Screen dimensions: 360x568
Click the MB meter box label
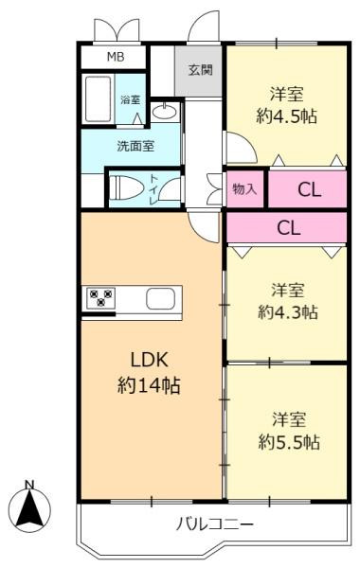(x=116, y=57)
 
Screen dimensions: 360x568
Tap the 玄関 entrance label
(x=200, y=70)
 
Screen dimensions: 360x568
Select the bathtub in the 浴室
(x=98, y=99)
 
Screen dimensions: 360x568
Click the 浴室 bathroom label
(x=131, y=99)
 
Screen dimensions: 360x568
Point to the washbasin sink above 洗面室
(x=166, y=112)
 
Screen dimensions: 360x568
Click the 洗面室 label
(x=135, y=146)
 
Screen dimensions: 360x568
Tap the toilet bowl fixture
(x=125, y=187)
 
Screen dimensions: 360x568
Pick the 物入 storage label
(x=244, y=188)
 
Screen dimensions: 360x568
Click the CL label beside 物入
(x=309, y=189)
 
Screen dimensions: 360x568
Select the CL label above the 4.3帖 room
(x=289, y=228)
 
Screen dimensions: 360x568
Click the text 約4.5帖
(x=286, y=116)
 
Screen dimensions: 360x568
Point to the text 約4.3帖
(x=288, y=311)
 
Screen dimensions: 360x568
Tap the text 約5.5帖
(x=289, y=442)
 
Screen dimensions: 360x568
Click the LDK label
(x=149, y=360)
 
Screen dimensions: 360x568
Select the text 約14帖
(x=149, y=385)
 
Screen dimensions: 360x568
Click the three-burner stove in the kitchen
(x=100, y=298)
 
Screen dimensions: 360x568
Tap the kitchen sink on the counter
(x=161, y=298)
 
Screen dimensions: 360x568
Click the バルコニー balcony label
(x=215, y=524)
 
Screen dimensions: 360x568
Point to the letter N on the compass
(x=29, y=485)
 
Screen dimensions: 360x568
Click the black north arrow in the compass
(x=29, y=507)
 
